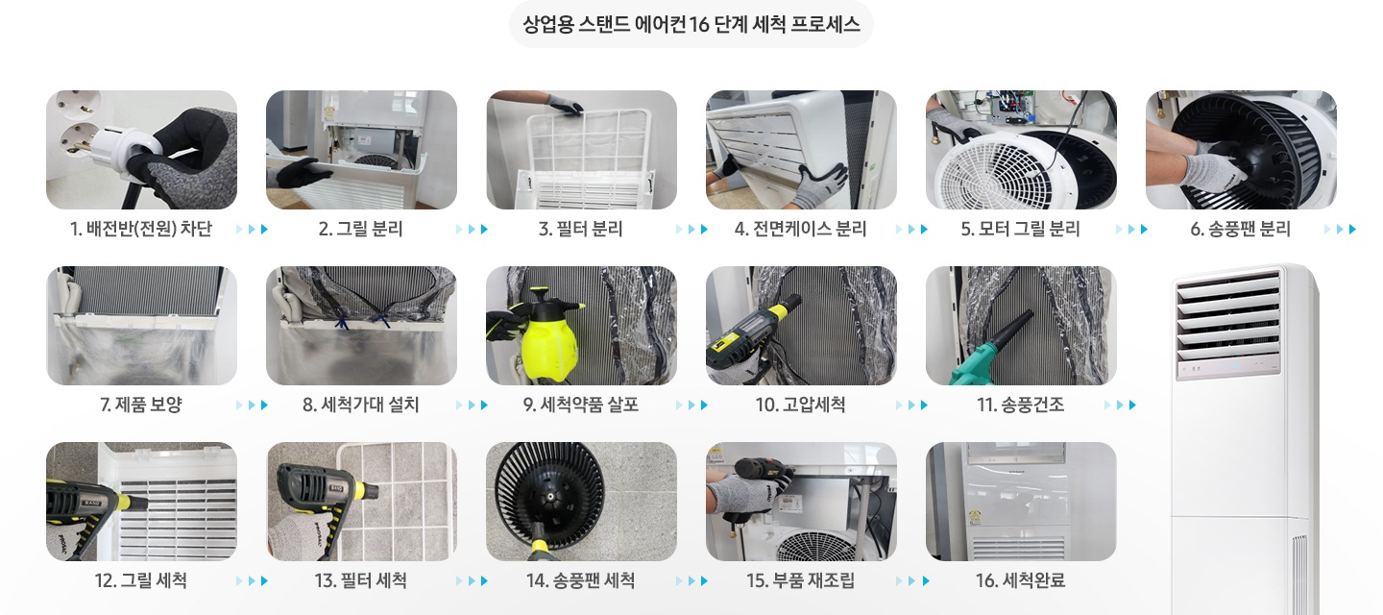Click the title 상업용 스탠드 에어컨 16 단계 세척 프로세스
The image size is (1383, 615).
(x=691, y=24)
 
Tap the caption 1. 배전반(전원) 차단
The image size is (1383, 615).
(x=141, y=229)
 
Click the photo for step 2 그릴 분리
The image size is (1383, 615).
(x=361, y=150)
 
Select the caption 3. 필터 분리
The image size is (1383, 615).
(x=580, y=229)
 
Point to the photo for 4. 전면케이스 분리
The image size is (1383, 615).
(x=801, y=150)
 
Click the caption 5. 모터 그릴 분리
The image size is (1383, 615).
(x=1020, y=229)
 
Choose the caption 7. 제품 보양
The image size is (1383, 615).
(x=141, y=405)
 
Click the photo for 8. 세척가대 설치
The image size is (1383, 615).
(x=361, y=326)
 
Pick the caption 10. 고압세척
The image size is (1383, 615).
(x=800, y=405)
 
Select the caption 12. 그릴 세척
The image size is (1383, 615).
(x=141, y=580)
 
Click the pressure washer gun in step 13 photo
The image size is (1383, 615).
(x=317, y=490)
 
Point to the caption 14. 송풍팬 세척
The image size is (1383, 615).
(x=580, y=580)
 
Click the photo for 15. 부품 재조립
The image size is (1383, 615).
(x=801, y=502)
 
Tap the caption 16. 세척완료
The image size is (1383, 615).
(x=1020, y=580)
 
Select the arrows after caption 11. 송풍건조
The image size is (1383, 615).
(x=1120, y=406)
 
